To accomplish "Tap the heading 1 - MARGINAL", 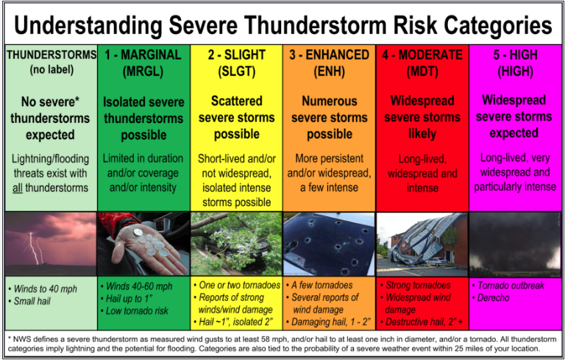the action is pos(143,54).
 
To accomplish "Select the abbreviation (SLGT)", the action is pos(236,71).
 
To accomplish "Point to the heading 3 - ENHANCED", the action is pos(329,54).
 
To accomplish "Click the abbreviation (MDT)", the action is pos(422,71).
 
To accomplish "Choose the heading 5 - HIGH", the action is pos(515,54).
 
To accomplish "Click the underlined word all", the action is pos(18,188).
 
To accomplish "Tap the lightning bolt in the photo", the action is pos(35,248).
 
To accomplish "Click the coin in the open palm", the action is pos(138,232).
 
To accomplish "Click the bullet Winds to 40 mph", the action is pos(43,289).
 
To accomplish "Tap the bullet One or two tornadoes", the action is pos(237,286).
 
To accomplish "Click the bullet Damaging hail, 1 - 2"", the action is pos(329,322).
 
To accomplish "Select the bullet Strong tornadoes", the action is pos(415,286).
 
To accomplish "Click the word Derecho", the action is pos(494,298).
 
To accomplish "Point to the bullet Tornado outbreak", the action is pos(508,286).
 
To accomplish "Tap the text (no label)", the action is pos(51,69).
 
